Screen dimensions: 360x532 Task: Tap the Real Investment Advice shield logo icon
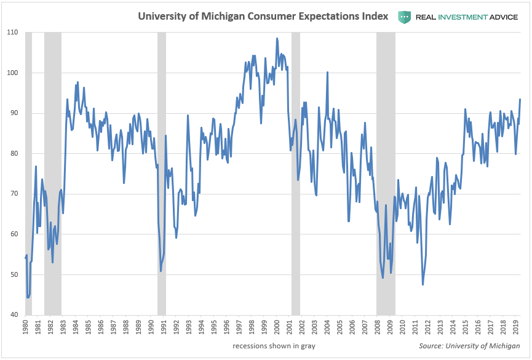[403, 17]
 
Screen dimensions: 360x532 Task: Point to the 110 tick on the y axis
[13, 32]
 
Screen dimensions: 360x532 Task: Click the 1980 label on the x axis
[25, 326]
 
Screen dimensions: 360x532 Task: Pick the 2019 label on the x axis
[515, 326]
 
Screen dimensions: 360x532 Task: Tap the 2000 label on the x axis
[277, 326]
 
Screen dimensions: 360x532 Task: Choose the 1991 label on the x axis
[164, 326]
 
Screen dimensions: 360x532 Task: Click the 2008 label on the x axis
[377, 326]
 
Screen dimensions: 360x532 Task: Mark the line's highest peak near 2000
[277, 38]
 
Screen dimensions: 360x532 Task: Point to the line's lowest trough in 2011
[423, 284]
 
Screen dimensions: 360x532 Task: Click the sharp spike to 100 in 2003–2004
[327, 72]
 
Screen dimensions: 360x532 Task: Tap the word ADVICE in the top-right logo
[501, 17]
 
